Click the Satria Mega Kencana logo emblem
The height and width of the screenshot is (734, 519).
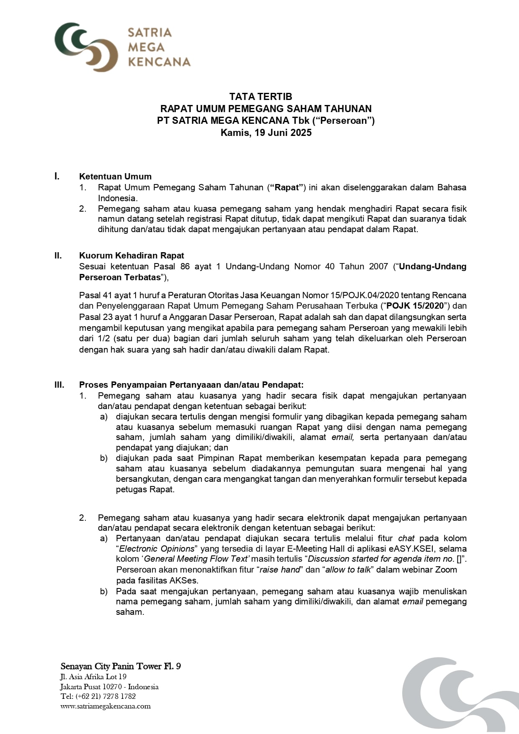[86, 47]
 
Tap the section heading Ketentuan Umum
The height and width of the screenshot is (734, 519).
[115, 176]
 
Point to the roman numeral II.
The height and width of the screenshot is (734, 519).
[58, 256]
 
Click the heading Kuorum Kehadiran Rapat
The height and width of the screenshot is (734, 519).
[131, 256]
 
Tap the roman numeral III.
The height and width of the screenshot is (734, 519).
[59, 385]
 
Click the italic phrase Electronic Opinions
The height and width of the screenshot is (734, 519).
[157, 549]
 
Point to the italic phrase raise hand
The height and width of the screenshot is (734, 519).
[280, 570]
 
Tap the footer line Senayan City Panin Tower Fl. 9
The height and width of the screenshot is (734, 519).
[121, 666]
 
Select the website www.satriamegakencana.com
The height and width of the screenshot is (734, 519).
[105, 706]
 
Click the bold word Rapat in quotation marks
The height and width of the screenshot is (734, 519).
[287, 187]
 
